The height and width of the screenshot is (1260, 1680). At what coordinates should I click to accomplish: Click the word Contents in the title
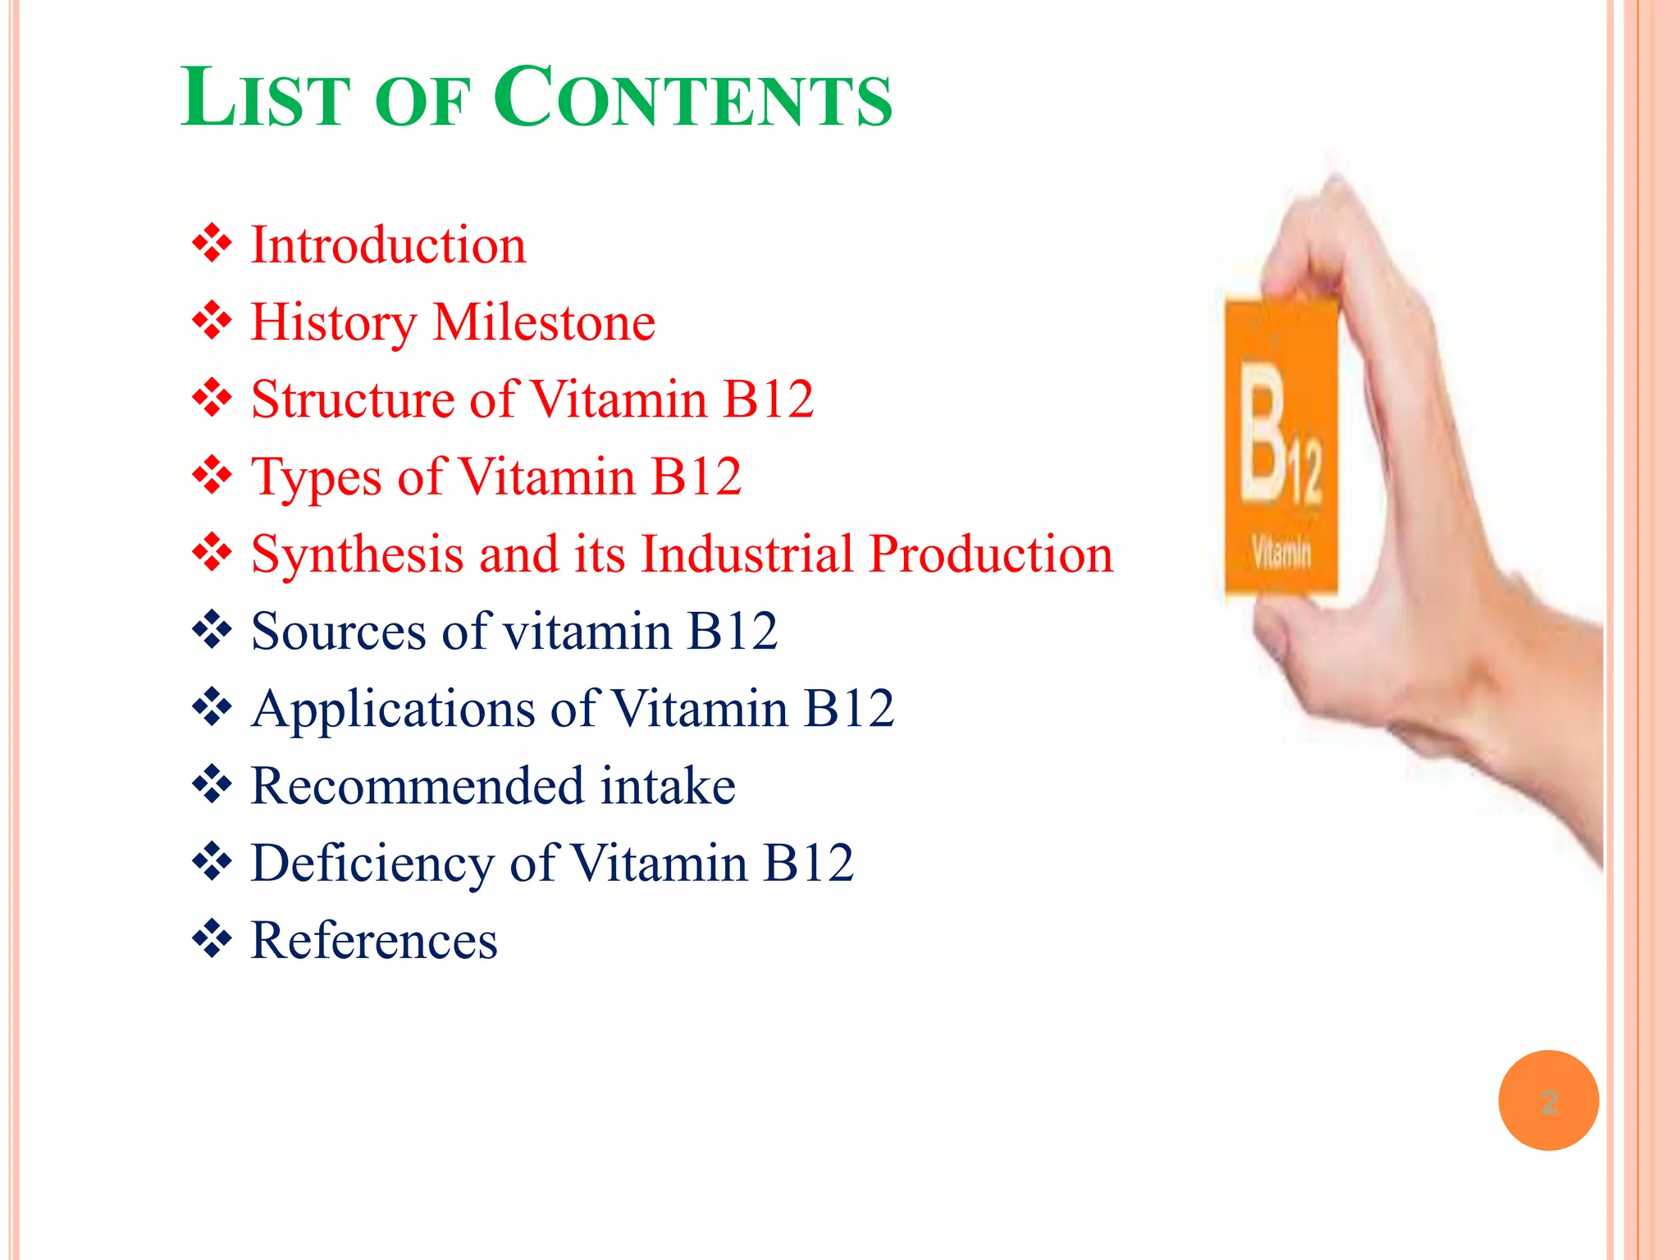(x=693, y=98)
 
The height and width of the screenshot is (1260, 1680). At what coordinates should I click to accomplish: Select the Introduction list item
(x=388, y=245)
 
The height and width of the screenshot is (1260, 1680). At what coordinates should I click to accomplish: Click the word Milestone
(x=544, y=322)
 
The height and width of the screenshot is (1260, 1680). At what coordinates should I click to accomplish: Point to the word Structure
(x=352, y=399)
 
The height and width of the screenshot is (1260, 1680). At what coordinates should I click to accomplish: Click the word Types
(x=316, y=477)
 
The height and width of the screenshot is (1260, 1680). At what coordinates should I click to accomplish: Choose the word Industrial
(x=746, y=554)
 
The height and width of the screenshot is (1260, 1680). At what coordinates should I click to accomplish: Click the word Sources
(x=338, y=632)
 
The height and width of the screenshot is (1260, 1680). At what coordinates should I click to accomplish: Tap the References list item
(x=374, y=940)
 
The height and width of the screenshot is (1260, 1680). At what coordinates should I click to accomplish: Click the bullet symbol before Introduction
(x=212, y=244)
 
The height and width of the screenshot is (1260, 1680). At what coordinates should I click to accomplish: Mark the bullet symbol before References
(x=212, y=939)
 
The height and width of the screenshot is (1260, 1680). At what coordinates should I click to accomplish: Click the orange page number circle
(x=1548, y=1100)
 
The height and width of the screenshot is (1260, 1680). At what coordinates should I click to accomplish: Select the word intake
(x=668, y=786)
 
